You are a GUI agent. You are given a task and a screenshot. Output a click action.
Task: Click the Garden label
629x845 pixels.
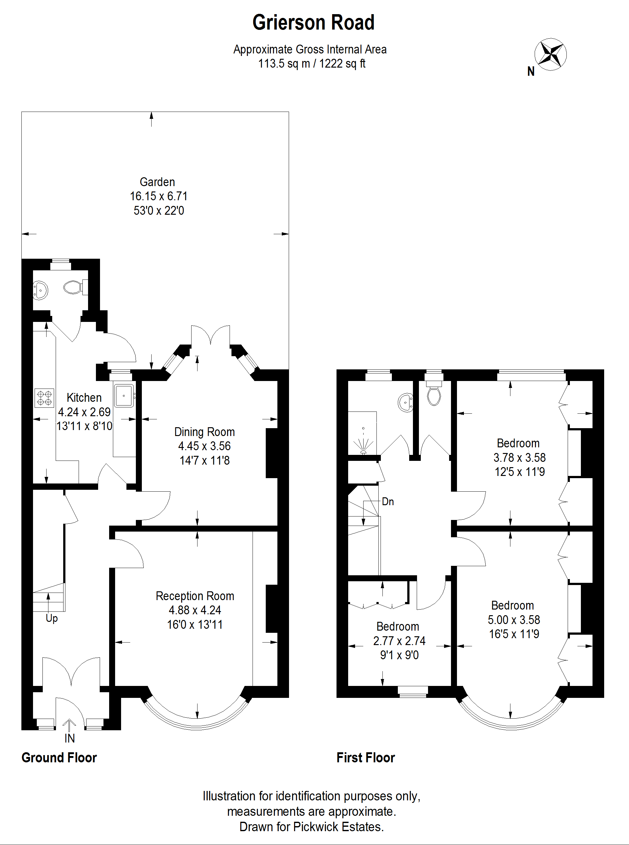point(157,182)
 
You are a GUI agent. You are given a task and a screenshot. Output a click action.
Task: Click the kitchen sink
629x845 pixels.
point(124,395)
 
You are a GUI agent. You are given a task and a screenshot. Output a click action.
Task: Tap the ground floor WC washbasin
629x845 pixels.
point(40,290)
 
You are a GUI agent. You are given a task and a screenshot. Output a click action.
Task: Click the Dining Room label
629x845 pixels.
point(204,432)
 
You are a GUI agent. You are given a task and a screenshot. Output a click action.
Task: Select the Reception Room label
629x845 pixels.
point(195,596)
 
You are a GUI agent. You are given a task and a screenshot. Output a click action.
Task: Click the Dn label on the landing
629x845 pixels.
point(387,502)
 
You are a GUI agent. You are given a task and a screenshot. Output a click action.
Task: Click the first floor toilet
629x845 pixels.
point(434,392)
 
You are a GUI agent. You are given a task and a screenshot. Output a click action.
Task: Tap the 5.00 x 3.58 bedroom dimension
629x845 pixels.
point(514,620)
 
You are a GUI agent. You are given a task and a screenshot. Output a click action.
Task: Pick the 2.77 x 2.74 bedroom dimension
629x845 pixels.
point(399,641)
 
